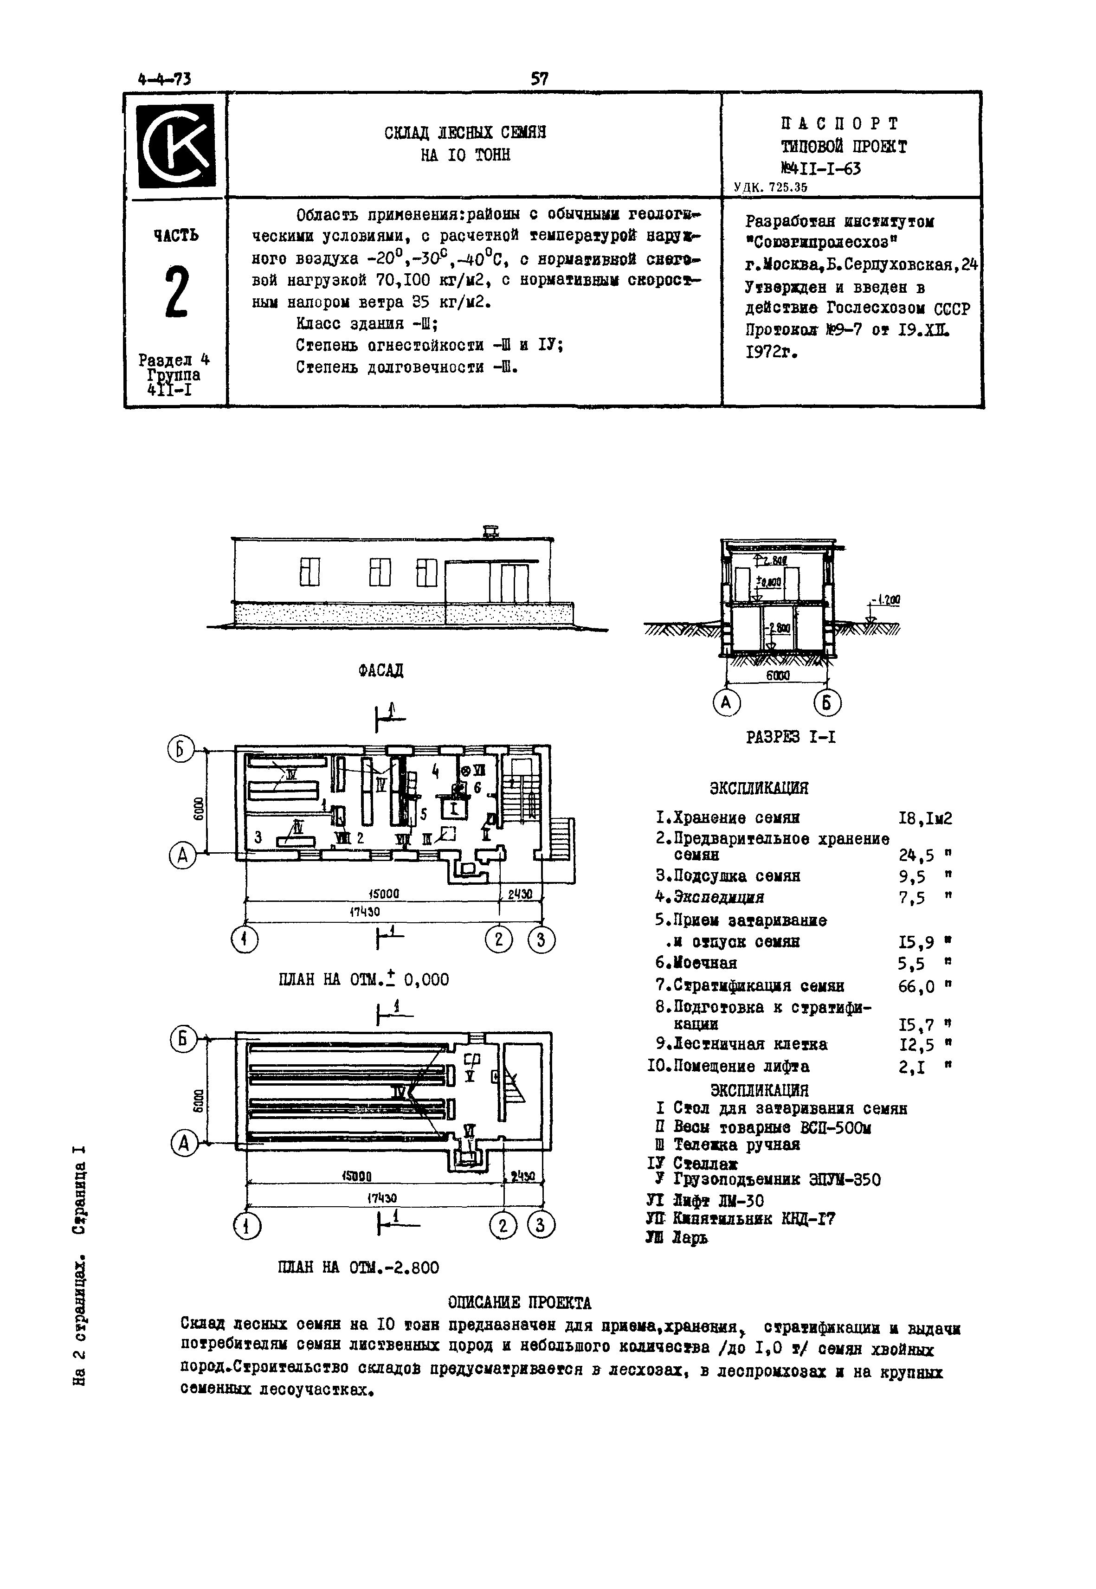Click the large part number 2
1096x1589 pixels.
point(176,294)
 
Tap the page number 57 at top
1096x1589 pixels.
point(540,79)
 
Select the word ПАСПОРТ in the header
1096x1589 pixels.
point(839,123)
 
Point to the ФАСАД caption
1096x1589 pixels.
point(381,670)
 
